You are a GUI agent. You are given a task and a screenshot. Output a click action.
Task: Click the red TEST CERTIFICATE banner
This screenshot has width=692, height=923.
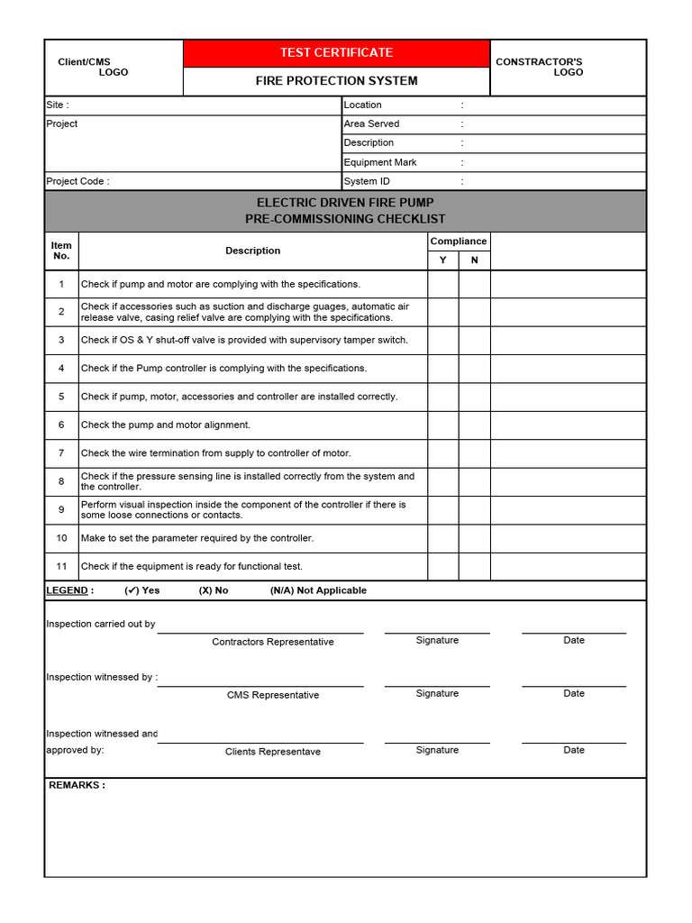tap(336, 53)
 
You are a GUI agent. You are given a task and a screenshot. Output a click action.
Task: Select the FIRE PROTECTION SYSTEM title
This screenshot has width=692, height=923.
tap(336, 81)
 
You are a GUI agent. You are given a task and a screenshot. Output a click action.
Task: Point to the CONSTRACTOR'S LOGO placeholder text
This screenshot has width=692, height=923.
tap(540, 67)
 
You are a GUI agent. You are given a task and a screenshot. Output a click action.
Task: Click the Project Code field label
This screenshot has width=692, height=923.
tap(77, 181)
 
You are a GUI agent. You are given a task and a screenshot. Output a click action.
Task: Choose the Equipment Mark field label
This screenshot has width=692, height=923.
tap(380, 162)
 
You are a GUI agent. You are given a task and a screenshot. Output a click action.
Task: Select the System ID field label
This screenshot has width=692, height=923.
tap(367, 181)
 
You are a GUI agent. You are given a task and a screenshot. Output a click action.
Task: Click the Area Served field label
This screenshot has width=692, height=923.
tap(371, 123)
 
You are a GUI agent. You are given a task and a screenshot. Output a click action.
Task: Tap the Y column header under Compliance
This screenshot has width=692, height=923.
tap(442, 260)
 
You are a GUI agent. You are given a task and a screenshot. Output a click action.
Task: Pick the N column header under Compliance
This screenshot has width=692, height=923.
tap(475, 260)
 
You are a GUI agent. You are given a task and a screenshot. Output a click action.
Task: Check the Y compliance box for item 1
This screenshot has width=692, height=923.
tap(442, 284)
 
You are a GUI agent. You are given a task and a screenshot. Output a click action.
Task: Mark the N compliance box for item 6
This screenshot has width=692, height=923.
tap(475, 425)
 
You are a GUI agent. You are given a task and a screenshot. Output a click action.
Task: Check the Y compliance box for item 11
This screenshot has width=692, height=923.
tap(442, 566)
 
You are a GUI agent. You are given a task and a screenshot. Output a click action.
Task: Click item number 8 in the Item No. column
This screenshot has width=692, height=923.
tap(61, 481)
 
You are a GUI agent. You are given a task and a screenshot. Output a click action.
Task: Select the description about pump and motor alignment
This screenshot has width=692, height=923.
tap(166, 425)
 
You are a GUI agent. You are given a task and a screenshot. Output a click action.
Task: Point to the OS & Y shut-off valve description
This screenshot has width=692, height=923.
tap(244, 340)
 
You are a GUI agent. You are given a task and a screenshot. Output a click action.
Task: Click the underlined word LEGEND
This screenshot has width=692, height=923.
tap(68, 590)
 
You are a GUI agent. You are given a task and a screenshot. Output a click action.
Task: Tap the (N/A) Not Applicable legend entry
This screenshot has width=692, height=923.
tap(318, 590)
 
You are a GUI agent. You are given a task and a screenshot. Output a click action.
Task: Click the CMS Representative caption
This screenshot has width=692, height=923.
tap(273, 695)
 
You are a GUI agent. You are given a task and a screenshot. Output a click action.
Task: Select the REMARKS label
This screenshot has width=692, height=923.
tap(77, 785)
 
